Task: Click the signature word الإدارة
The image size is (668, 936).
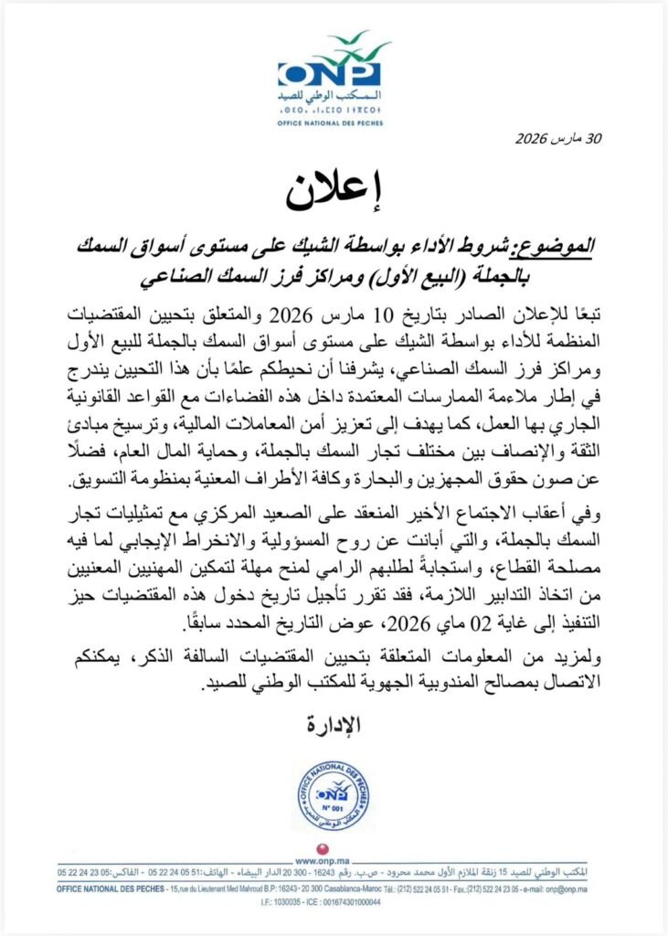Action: tap(334, 725)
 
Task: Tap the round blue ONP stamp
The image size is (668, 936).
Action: tap(334, 795)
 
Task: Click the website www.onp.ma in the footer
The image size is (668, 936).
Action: tap(333, 861)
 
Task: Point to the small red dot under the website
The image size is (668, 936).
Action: tap(333, 868)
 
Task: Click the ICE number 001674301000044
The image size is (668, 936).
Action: tap(355, 901)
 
